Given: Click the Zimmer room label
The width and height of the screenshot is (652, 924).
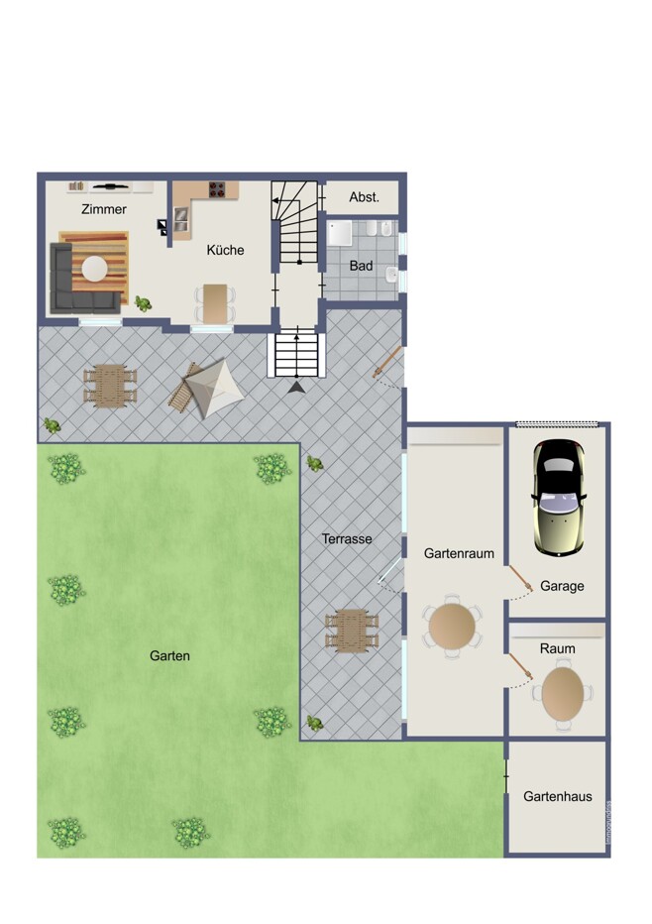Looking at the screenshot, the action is (x=104, y=209).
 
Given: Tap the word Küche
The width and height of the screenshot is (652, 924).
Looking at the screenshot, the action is (x=225, y=250).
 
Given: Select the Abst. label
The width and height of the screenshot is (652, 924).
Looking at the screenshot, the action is (x=364, y=197).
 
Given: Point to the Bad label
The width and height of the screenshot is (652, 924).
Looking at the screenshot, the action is (x=361, y=266).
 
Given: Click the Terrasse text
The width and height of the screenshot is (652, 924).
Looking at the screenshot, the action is (x=347, y=538).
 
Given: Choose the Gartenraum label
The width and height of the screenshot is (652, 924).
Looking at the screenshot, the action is (x=459, y=553).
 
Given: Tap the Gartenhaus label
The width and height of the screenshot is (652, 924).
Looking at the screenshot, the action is (x=558, y=797).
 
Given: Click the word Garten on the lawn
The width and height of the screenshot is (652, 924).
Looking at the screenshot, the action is (x=169, y=656).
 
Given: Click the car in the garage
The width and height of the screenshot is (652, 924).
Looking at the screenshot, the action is (x=559, y=498).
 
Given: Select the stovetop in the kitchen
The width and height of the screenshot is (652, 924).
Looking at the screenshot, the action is (x=217, y=189).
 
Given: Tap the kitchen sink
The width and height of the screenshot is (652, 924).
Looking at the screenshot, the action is (x=180, y=219).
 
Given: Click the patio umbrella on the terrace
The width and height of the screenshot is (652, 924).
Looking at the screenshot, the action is (x=214, y=389).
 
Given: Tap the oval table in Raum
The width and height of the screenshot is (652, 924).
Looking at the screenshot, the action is (x=563, y=694).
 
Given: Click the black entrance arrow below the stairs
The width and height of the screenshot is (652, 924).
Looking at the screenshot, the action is (x=296, y=387).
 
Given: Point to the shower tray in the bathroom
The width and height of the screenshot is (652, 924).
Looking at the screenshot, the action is (x=340, y=233).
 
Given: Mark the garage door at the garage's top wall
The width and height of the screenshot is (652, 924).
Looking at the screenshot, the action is (x=557, y=423).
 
